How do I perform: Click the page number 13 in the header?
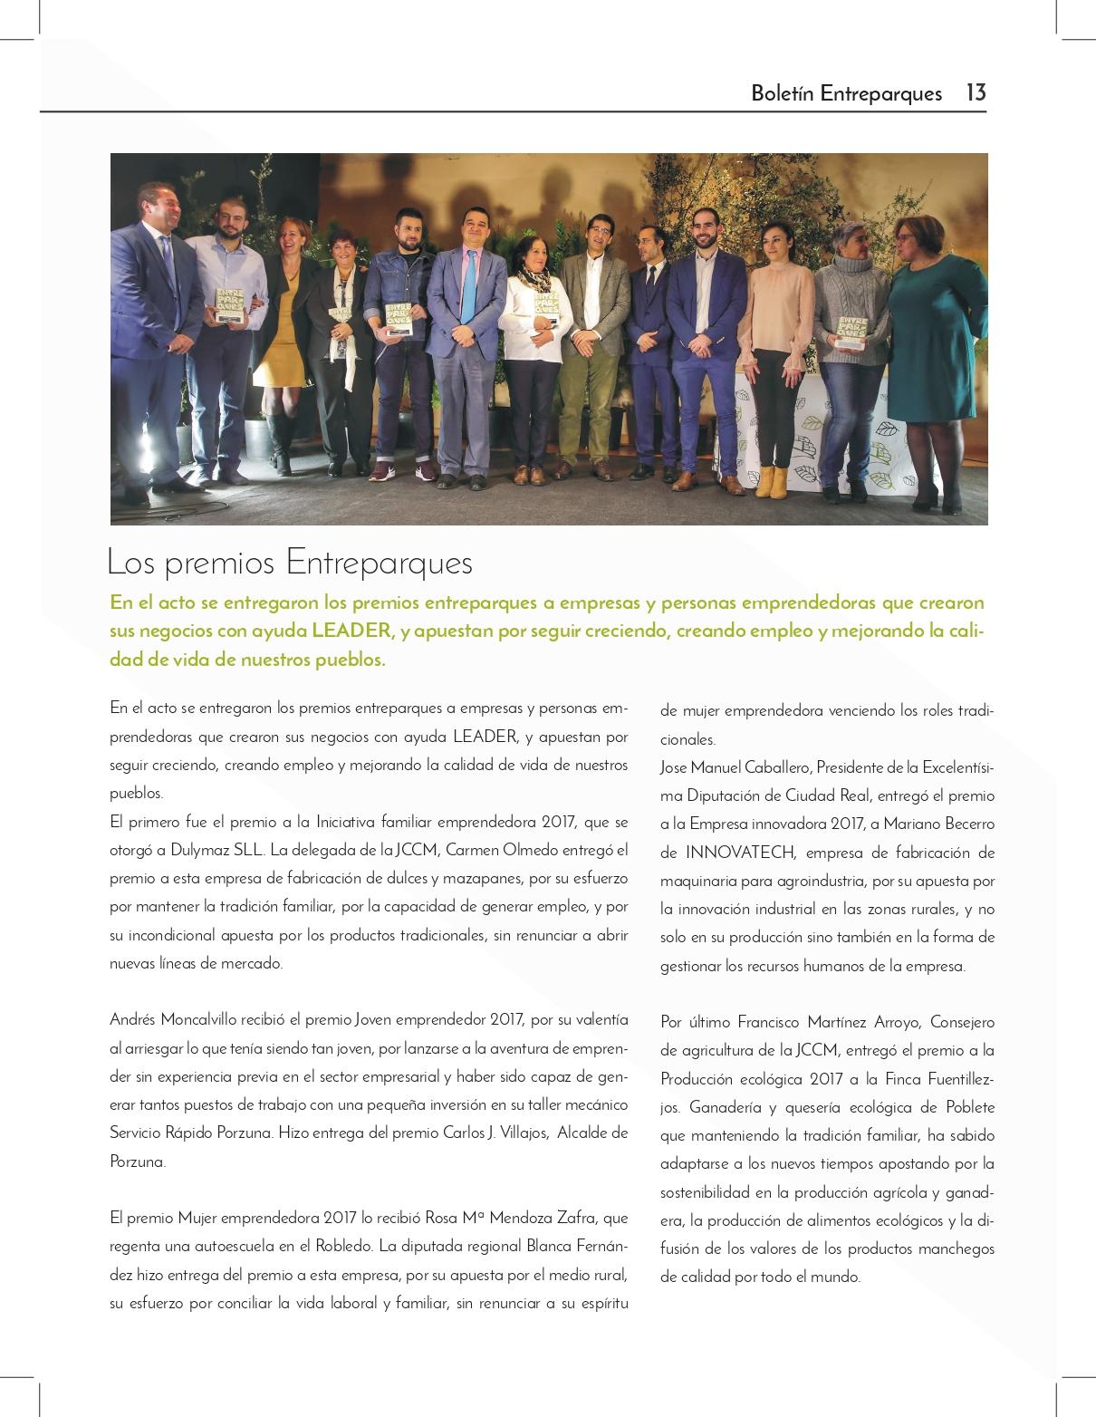(x=976, y=92)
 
